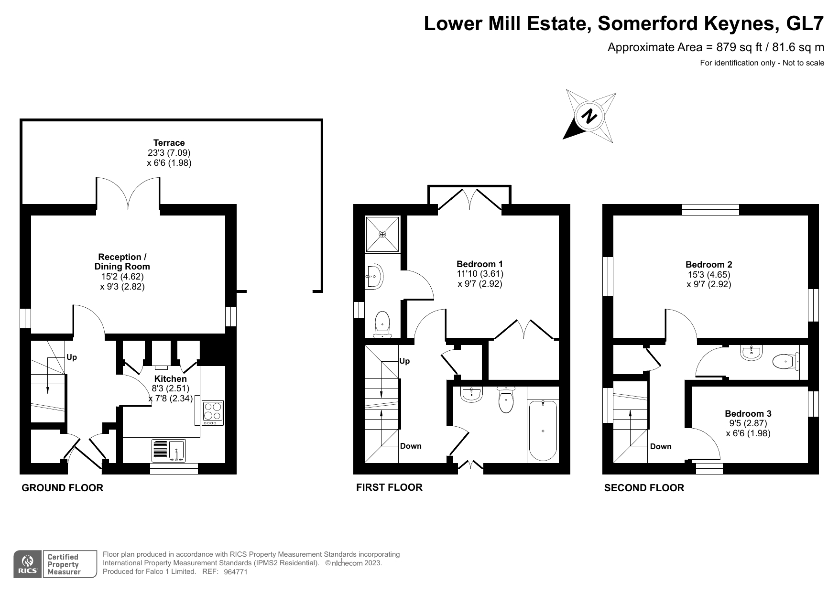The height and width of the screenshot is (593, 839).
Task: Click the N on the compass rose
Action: [x=590, y=116]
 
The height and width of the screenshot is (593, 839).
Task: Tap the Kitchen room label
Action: [x=171, y=379]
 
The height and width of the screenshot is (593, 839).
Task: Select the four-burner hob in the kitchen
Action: [x=213, y=413]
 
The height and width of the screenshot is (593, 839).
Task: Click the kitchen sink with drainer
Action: [x=169, y=451]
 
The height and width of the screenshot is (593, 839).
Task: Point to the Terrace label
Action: [x=169, y=142]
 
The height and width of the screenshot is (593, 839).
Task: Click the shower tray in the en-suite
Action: [x=382, y=234]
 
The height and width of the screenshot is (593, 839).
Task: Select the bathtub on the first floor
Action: [x=543, y=431]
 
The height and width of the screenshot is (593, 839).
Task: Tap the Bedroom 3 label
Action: [x=748, y=413]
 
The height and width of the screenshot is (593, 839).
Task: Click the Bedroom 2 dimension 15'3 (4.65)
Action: [x=709, y=274]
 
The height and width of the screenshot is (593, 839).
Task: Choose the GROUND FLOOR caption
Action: [x=63, y=488]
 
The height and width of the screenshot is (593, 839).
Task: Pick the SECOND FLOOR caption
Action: [x=644, y=488]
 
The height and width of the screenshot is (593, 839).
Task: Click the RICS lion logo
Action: [x=28, y=564]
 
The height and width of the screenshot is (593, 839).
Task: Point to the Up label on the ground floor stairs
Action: [x=72, y=357]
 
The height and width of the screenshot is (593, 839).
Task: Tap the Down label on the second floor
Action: [x=661, y=446]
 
